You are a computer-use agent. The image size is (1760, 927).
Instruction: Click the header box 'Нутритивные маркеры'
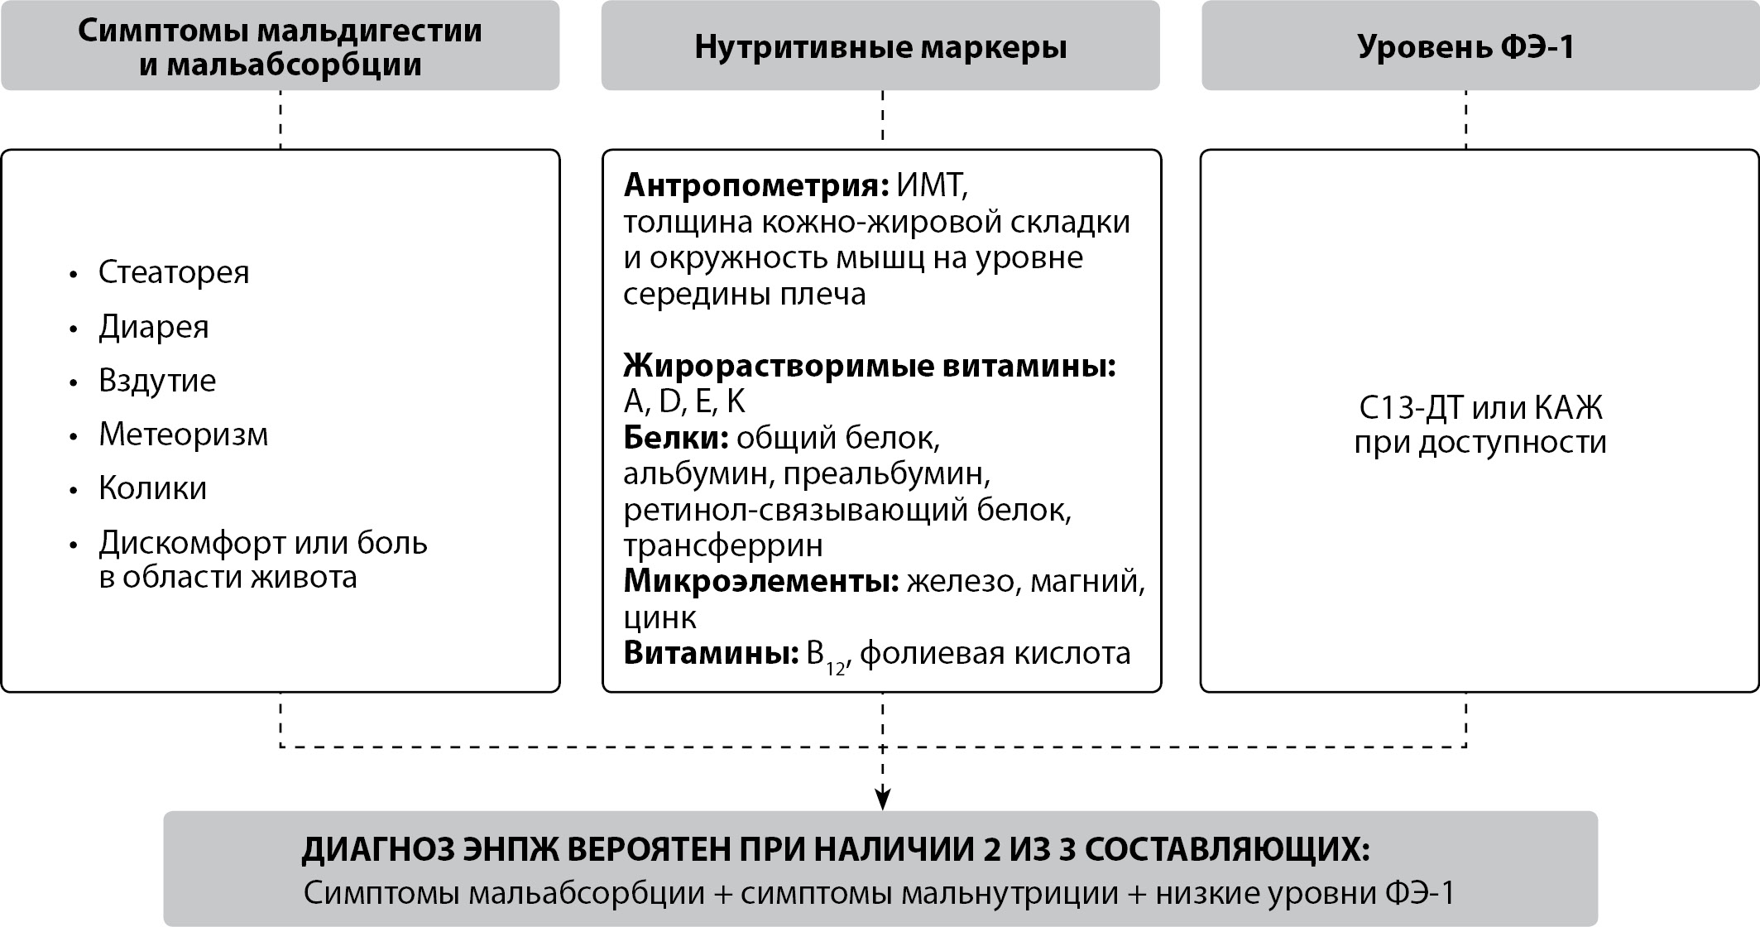(880, 46)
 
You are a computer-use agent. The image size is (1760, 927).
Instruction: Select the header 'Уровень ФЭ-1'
(1465, 46)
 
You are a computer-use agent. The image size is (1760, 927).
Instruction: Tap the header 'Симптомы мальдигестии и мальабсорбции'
(280, 46)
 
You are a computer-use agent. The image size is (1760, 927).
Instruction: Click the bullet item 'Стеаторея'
(174, 272)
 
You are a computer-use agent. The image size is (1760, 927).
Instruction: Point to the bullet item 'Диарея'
(154, 327)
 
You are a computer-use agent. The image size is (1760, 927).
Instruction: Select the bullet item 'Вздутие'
(157, 381)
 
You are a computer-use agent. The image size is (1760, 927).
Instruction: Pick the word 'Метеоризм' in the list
(184, 435)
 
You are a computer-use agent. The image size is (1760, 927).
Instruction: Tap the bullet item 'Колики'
(153, 488)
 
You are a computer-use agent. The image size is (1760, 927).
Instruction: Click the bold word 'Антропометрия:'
(755, 185)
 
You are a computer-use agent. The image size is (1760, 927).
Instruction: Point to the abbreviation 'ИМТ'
(930, 185)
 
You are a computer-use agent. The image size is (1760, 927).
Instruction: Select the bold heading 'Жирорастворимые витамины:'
(870, 366)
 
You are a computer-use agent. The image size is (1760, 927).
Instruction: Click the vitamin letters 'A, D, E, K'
(684, 401)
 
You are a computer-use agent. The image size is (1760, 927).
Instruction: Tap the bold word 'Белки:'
(675, 438)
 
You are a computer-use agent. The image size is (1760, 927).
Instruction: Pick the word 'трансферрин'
(723, 545)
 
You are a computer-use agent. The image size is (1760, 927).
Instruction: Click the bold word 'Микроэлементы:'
(760, 582)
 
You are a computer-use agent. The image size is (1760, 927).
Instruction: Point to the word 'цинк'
(659, 618)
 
